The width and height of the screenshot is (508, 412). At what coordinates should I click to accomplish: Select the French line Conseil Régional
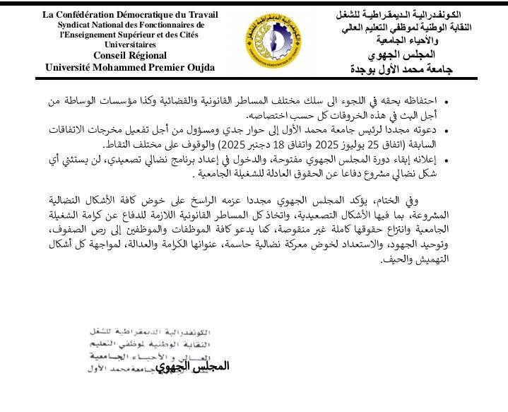130,55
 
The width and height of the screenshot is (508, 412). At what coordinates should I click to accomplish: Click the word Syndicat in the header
76,25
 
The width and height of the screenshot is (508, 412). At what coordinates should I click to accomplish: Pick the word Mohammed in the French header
122,67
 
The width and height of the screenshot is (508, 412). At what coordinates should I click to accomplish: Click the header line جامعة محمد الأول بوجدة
401,69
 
